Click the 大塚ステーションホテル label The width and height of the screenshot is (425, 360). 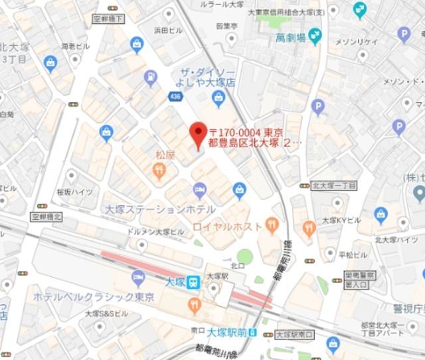tap(159, 209)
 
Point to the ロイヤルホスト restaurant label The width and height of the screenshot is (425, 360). tap(227, 226)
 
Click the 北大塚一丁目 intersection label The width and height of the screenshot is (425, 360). tap(334, 185)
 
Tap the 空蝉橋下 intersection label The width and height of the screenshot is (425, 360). tap(109, 19)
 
